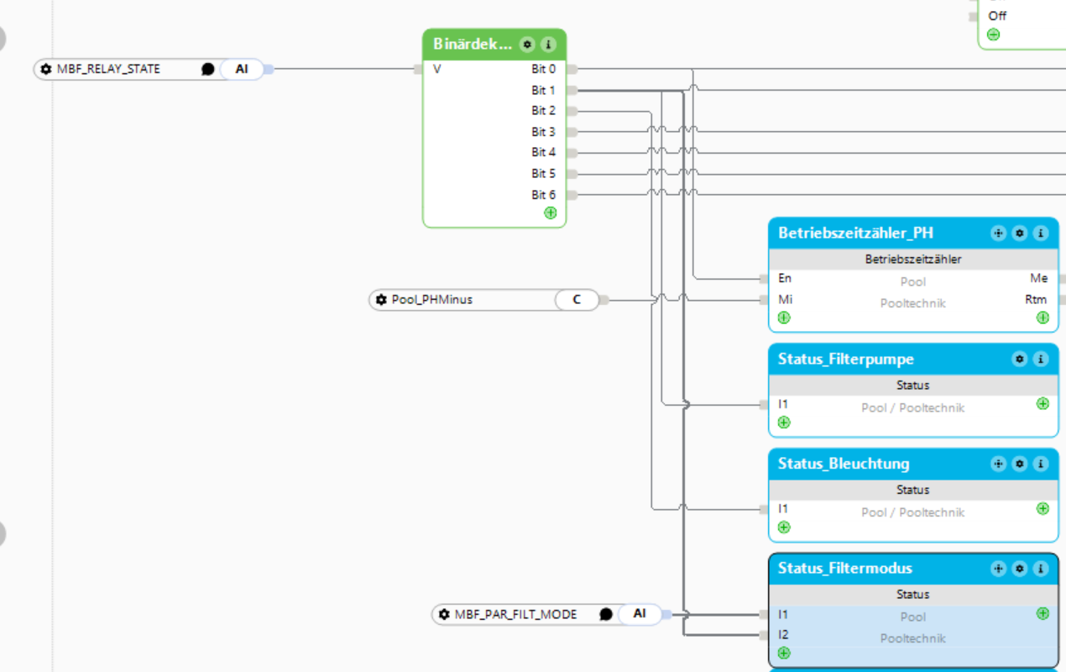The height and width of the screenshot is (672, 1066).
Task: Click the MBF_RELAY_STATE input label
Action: [108, 69]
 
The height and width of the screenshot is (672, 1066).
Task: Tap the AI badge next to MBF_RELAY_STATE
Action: [242, 69]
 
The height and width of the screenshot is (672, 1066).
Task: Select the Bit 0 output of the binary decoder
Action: [543, 69]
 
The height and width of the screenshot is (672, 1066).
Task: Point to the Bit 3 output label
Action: [543, 131]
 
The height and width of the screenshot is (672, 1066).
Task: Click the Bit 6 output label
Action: [543, 195]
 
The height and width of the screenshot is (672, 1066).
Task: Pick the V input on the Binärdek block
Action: [436, 69]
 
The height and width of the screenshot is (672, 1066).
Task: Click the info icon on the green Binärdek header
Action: [548, 45]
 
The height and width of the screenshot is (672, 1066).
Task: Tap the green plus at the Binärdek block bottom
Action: [550, 213]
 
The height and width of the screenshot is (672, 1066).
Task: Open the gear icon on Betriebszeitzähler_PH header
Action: [1019, 233]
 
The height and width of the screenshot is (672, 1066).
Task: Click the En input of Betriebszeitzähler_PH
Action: [785, 278]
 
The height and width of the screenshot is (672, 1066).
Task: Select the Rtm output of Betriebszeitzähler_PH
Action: [1036, 300]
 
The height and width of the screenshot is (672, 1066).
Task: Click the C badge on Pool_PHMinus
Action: [577, 300]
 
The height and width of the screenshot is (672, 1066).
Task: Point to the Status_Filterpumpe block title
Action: [845, 359]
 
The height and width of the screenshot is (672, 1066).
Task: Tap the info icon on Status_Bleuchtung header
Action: [1041, 464]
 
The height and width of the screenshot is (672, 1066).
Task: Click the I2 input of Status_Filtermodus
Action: [783, 634]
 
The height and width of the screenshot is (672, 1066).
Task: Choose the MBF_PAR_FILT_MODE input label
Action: [515, 614]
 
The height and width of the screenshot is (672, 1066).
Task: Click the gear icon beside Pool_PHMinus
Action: [381, 300]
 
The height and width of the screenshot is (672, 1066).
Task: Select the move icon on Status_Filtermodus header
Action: [998, 568]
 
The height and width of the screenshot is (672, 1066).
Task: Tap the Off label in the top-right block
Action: [997, 16]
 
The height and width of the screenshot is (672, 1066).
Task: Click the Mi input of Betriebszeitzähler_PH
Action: [785, 300]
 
